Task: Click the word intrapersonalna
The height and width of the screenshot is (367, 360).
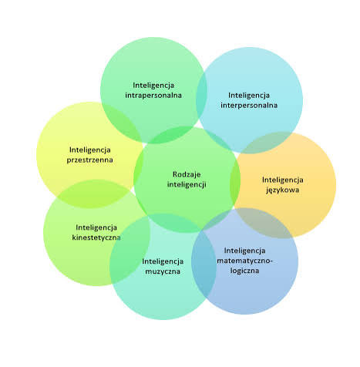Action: click(153, 96)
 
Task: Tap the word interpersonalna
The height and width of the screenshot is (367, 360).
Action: click(249, 106)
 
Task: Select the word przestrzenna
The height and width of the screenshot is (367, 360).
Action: click(90, 160)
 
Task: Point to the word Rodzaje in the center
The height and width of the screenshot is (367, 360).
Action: click(187, 174)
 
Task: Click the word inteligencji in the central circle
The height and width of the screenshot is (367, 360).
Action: click(187, 184)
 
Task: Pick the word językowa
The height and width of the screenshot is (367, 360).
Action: click(283, 190)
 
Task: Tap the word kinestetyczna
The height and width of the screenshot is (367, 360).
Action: click(96, 237)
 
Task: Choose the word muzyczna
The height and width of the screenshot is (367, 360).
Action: click(163, 271)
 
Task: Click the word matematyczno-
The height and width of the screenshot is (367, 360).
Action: click(245, 261)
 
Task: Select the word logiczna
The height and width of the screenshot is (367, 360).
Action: click(244, 271)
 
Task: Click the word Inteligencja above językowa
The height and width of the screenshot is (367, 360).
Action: click(283, 180)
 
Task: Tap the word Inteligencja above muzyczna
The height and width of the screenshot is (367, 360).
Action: click(163, 261)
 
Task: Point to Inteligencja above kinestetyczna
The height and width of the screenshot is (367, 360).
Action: click(96, 227)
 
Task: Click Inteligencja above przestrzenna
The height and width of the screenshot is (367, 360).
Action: click(90, 150)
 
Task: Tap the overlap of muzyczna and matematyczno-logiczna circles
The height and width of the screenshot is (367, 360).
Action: click(204, 264)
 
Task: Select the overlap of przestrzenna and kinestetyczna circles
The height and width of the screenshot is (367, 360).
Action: click(93, 194)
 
